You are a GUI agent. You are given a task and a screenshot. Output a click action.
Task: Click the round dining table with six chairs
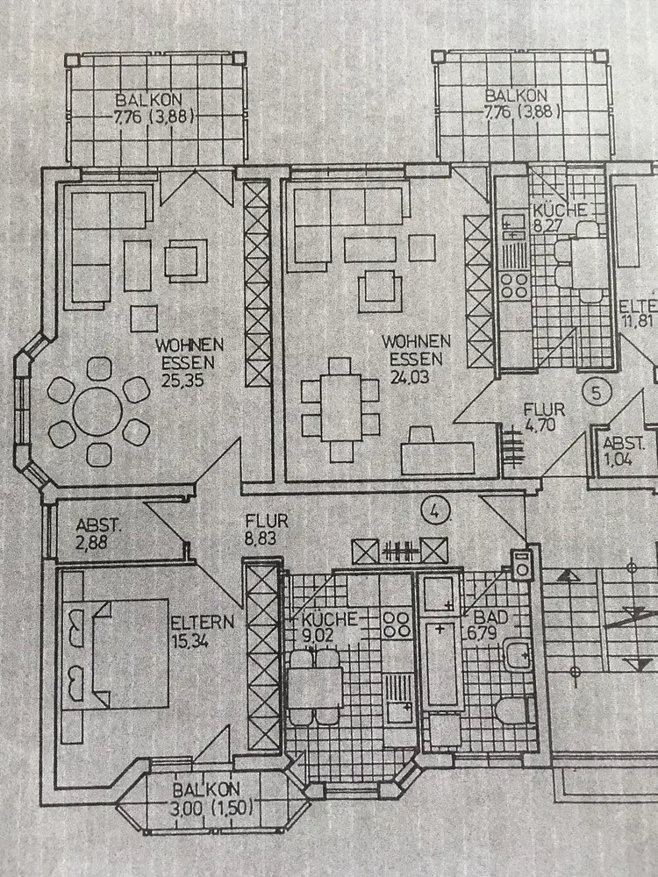(98, 410)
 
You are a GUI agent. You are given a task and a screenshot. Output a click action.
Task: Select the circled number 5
(597, 392)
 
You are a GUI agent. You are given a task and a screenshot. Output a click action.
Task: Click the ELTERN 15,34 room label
(204, 631)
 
